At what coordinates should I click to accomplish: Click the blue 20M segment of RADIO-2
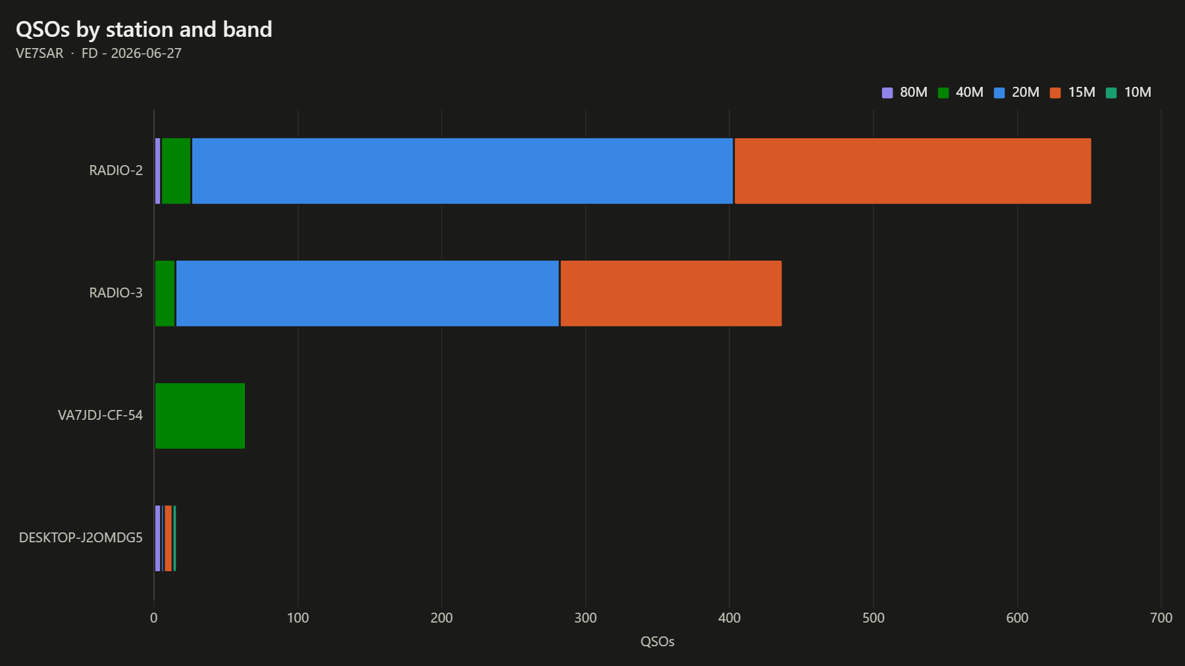point(462,171)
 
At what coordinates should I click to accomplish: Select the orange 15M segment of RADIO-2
point(912,171)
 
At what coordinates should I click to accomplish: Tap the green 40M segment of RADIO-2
point(176,171)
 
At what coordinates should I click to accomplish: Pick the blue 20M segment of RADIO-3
point(367,294)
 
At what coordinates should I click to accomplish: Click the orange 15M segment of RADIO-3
point(671,294)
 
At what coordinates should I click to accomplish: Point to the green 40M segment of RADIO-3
point(165,294)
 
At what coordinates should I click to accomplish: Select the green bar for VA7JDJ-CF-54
point(200,416)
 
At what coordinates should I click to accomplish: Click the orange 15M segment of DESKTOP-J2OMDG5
point(169,538)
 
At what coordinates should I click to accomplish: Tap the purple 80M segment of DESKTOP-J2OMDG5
point(158,538)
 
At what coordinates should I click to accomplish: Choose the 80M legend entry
point(905,93)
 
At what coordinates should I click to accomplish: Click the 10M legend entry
point(1128,93)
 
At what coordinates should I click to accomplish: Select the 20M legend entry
point(1016,93)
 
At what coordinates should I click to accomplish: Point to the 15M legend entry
point(1072,93)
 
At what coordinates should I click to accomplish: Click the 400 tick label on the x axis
point(729,618)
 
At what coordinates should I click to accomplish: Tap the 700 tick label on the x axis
point(1161,618)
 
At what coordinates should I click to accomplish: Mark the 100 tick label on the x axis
point(298,618)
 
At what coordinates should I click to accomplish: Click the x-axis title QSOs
point(658,642)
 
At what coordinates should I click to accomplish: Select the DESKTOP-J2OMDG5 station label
point(81,538)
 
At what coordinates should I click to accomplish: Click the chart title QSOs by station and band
point(144,30)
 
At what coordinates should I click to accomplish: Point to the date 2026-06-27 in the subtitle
point(146,53)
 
